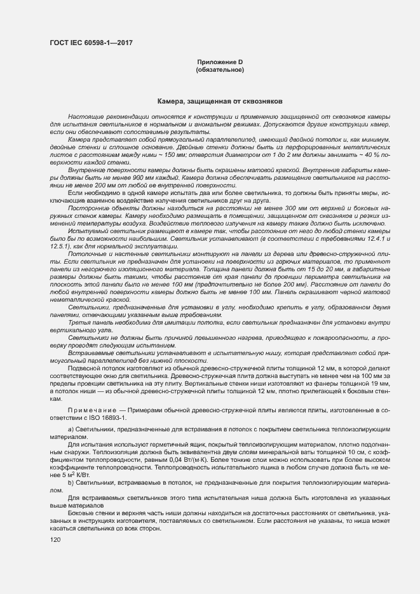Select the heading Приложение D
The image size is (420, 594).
[220, 62]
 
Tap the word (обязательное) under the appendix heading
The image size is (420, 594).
[220, 69]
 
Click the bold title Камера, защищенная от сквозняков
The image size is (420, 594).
[220, 102]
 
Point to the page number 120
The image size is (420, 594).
[55, 540]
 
